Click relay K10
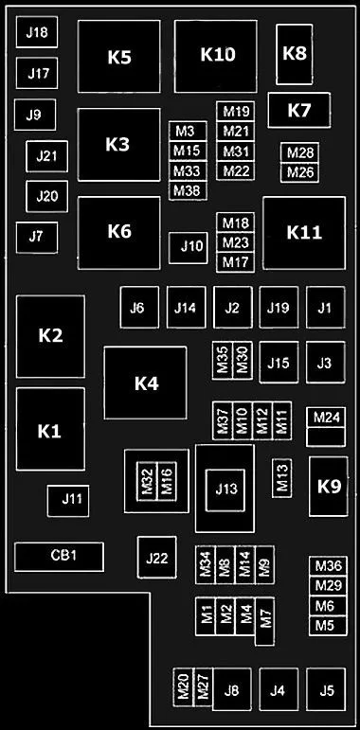(216, 56)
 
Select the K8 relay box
(295, 55)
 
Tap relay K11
(304, 233)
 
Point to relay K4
(145, 383)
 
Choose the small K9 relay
(329, 487)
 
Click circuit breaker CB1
(59, 557)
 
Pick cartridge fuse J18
(37, 32)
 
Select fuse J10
(188, 248)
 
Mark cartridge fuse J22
(156, 558)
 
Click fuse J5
(326, 689)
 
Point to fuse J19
(279, 308)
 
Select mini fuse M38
(188, 191)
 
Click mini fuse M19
(236, 112)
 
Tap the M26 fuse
(300, 172)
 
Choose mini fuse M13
(282, 478)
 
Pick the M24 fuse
(326, 418)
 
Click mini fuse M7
(264, 621)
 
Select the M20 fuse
(183, 687)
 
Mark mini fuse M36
(328, 566)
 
